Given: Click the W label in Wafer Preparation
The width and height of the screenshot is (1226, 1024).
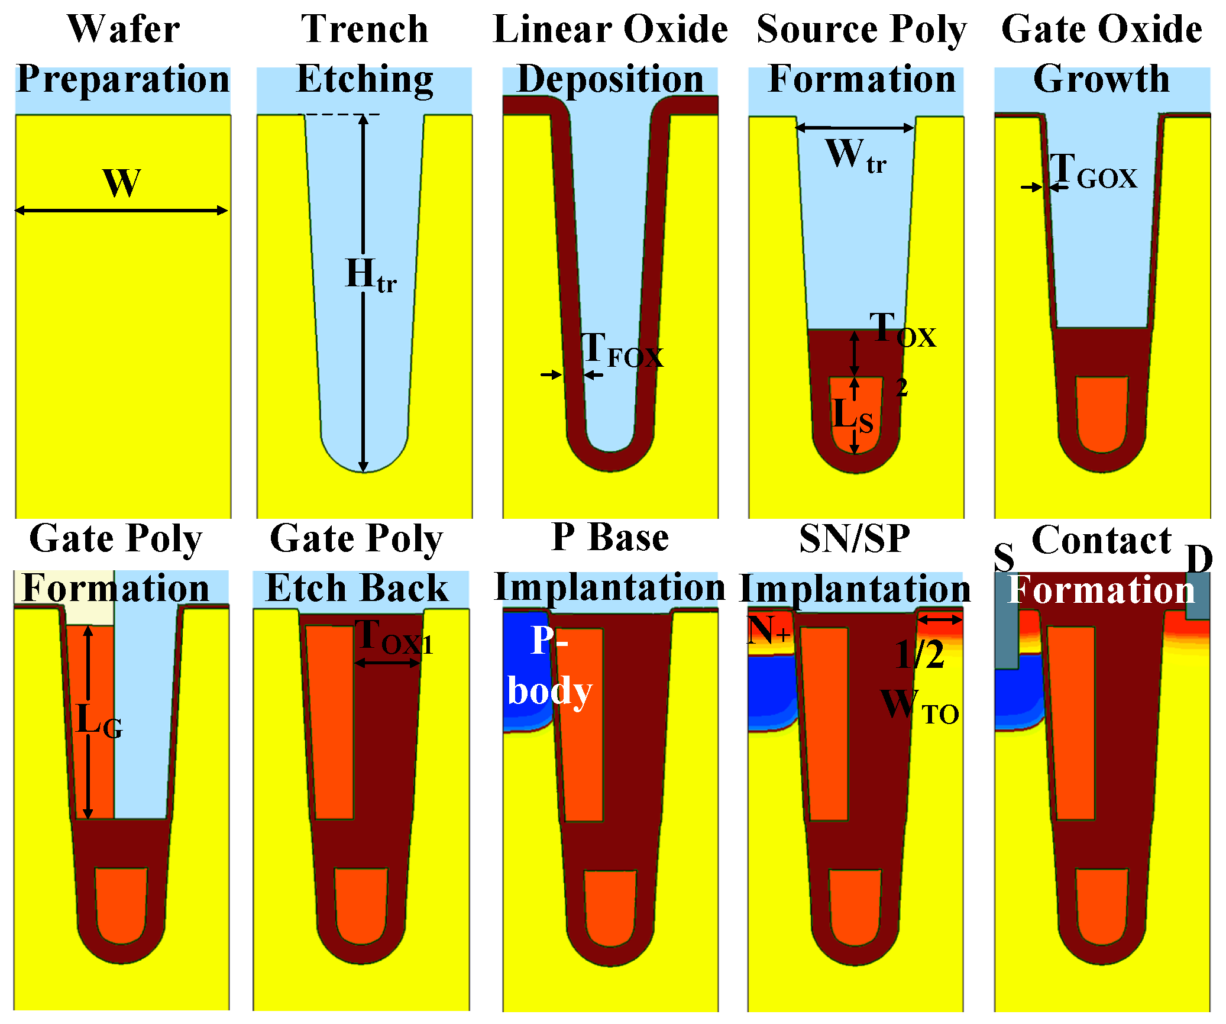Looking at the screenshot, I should coord(122,183).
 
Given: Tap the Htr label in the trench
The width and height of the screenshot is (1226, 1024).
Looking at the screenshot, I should coord(370,275).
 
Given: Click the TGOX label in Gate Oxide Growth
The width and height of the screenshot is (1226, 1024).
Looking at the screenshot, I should coord(1093,171).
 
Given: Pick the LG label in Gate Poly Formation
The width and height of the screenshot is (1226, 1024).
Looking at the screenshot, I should coord(99,722).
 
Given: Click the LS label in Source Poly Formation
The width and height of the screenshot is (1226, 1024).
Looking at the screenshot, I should coord(852,415).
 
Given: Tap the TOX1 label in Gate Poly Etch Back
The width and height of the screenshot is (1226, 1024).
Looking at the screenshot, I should coord(394,638).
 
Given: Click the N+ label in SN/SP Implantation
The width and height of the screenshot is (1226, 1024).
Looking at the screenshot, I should coord(768,631).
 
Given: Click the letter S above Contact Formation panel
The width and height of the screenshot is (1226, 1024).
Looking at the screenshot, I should coord(1004,557).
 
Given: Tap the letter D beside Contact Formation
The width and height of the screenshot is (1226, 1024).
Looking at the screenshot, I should coord(1199,558).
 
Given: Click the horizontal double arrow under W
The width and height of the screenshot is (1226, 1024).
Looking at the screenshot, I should coord(121,211).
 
